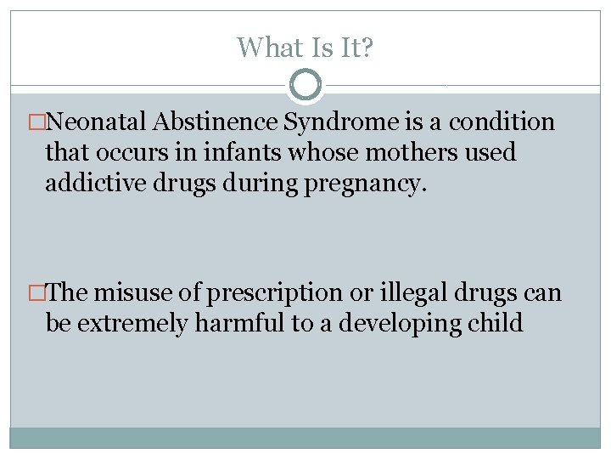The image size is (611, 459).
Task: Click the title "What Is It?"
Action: click(305, 47)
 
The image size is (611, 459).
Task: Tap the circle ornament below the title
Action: click(305, 85)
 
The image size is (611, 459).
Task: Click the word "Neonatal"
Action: click(99, 122)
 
